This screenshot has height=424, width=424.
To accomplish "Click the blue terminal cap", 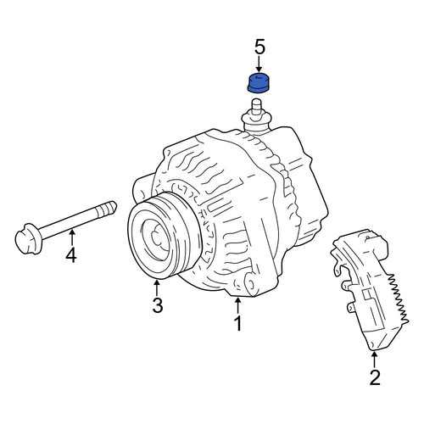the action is coord(258,82).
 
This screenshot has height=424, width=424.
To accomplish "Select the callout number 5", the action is coord(260,47).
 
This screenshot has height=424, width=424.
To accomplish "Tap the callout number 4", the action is coord(71,255).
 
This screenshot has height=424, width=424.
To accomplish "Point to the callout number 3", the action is coord(158,305).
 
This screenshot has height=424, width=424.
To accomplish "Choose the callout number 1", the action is coord(238,323).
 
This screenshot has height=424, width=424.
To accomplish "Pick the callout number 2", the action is coord(375,377).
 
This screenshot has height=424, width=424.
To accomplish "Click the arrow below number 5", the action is coord(259,64).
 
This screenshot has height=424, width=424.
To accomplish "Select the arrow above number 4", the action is coord(72,237).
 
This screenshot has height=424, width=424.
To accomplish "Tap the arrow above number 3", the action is coord(157,287).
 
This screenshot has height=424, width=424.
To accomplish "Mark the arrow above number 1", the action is coord(238,305).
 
